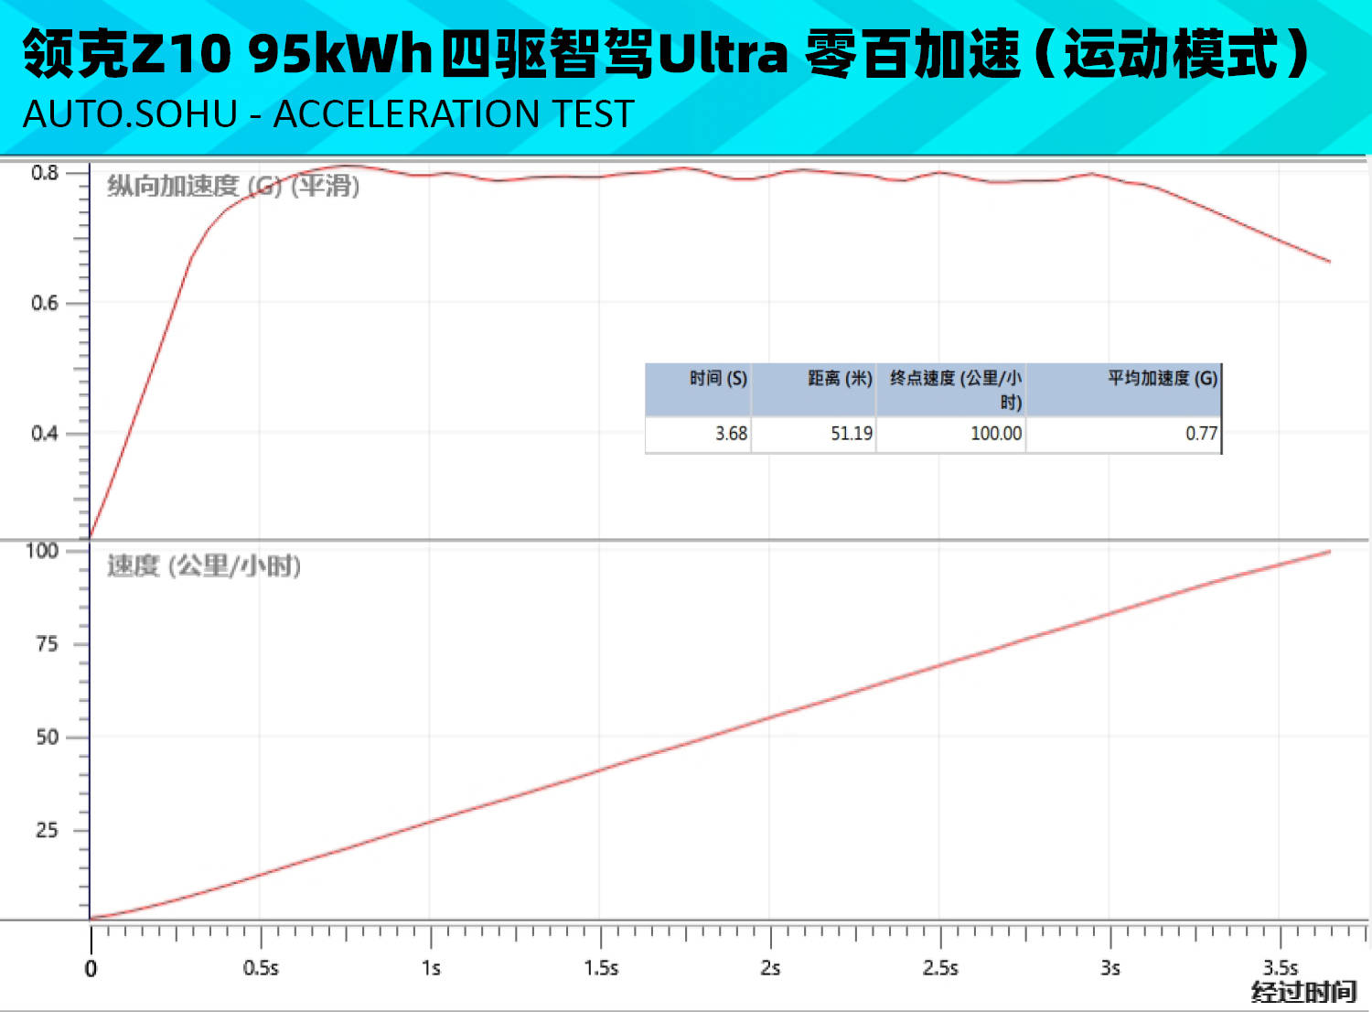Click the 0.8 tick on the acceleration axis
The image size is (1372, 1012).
(45, 173)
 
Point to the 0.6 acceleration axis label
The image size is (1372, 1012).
(45, 303)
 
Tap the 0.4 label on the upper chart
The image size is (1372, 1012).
(45, 433)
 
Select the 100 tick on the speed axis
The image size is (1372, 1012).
(42, 551)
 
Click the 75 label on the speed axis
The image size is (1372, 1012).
(47, 644)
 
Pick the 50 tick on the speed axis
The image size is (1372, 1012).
(47, 737)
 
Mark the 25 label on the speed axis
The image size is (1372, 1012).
(47, 831)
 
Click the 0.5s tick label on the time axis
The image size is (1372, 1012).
(261, 968)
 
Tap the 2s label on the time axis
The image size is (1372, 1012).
(770, 968)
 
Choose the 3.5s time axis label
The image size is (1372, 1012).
(1281, 968)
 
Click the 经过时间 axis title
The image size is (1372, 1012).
(1303, 993)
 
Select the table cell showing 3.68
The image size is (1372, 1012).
(731, 434)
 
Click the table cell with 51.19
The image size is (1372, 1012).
(851, 434)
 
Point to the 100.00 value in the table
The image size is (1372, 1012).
(995, 434)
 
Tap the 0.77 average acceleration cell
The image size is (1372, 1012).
(1201, 434)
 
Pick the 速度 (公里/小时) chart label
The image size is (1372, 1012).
(204, 566)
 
